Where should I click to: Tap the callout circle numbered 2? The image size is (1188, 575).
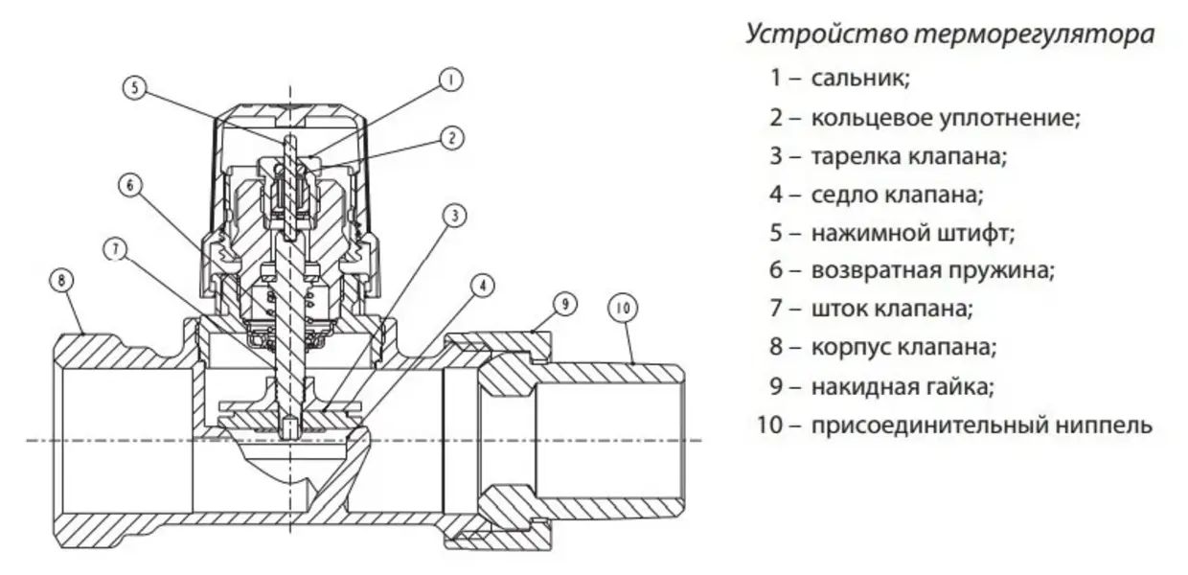coord(451,137)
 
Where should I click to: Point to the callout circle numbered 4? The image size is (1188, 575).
coord(482,285)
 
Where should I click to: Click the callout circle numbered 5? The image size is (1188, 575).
coord(136,87)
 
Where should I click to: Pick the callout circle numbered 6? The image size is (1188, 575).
coord(132,185)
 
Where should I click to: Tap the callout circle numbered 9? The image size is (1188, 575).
coord(565,304)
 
